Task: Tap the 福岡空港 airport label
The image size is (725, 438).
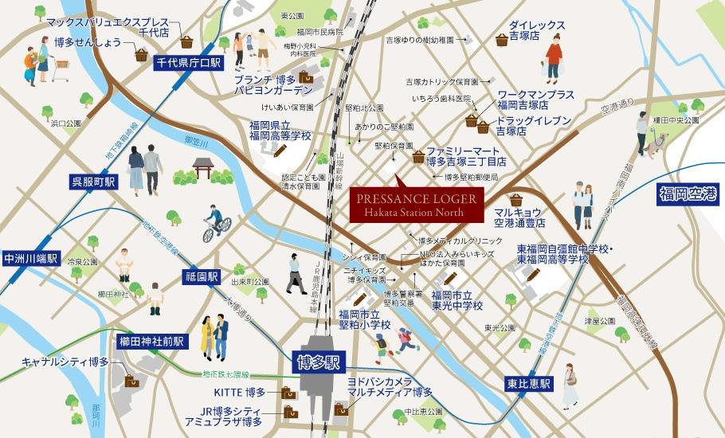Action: click(x=688, y=194)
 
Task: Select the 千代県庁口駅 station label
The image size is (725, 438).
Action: click(x=188, y=61)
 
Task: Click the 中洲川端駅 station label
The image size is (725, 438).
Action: click(x=30, y=258)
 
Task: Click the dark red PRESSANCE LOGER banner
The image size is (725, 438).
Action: click(x=417, y=205)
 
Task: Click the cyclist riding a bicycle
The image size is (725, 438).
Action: click(x=215, y=224)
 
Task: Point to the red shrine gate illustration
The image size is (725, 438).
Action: click(x=204, y=168)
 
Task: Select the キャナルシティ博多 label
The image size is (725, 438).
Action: click(x=66, y=362)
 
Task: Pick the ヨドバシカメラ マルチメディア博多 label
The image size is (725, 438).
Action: click(x=390, y=387)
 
